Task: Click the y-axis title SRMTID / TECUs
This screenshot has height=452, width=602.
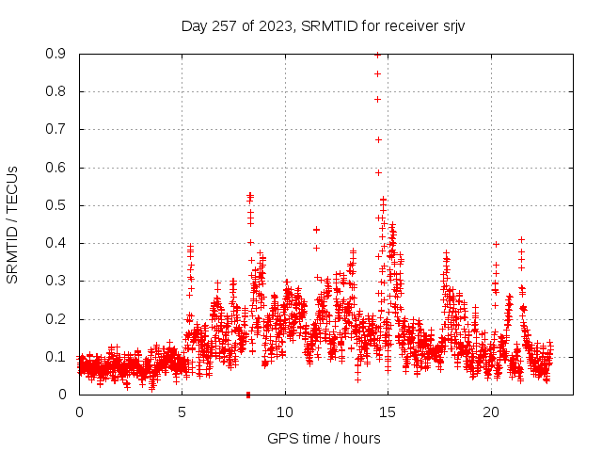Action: (13, 223)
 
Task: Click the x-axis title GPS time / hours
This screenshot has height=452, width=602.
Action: (324, 438)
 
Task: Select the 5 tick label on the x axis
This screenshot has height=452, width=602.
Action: (182, 412)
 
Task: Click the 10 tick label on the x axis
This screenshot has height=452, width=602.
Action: (285, 412)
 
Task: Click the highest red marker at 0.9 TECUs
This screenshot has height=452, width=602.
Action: (377, 55)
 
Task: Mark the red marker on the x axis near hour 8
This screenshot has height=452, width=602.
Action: (248, 395)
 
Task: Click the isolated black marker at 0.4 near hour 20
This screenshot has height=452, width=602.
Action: (496, 244)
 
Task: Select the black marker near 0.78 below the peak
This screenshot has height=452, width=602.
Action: (377, 99)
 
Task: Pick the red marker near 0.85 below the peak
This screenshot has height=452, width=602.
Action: (377, 73)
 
